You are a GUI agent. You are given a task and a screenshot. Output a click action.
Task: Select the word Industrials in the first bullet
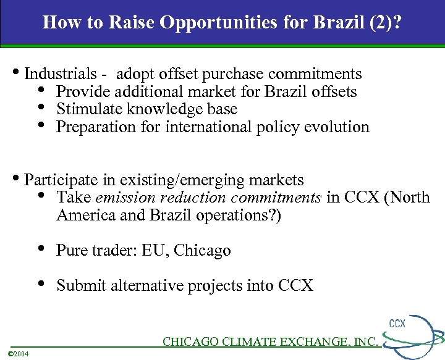pos(60,74)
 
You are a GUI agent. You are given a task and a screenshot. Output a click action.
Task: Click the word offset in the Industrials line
pos(177,74)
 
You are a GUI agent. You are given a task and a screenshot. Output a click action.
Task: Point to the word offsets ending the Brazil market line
pos(334,92)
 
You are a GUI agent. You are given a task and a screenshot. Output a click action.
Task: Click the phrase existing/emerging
pos(177,180)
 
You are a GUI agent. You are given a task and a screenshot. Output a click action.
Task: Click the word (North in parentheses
pos(408,198)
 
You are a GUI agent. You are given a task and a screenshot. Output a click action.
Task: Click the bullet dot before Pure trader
pos(41,249)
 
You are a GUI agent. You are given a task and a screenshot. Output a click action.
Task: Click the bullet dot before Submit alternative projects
pos(41,284)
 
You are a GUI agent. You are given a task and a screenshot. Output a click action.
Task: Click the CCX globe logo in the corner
pos(417,337)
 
